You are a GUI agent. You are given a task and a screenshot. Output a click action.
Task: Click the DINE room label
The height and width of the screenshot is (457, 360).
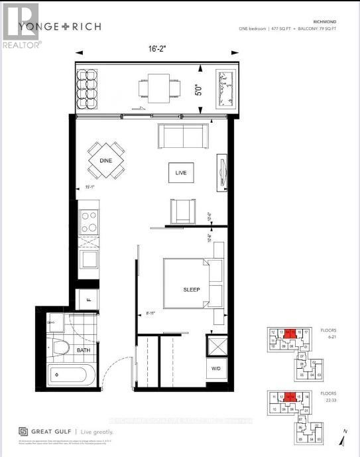point(105,160)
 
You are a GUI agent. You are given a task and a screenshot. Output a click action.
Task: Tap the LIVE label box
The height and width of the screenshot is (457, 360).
point(181,173)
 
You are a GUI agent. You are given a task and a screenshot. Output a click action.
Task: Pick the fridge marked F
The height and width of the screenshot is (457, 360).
point(88,300)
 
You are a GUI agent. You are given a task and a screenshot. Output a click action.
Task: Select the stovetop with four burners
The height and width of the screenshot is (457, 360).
point(88,222)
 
